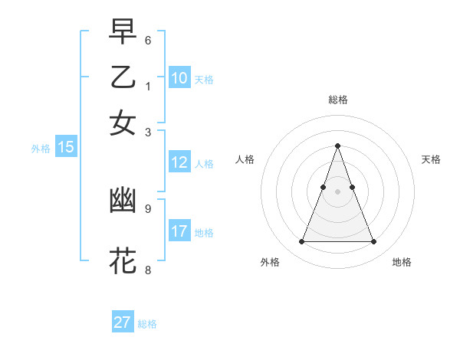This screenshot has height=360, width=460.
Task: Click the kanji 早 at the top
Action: pyautogui.click(x=123, y=33)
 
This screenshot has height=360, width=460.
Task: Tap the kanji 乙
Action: pyautogui.click(x=123, y=79)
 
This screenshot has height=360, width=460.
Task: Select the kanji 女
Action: pyautogui.click(x=123, y=123)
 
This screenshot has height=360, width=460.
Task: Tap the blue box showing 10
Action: pyautogui.click(x=179, y=78)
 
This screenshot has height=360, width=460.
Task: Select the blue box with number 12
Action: pyautogui.click(x=179, y=162)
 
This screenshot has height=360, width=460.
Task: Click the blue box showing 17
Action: pyautogui.click(x=179, y=231)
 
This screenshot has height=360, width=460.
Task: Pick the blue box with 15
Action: pyautogui.click(x=66, y=148)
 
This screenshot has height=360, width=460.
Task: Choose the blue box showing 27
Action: pyautogui.click(x=123, y=322)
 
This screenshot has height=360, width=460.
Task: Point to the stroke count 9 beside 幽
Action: pyautogui.click(x=148, y=208)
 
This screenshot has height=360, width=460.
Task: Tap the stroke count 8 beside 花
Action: pyautogui.click(x=148, y=269)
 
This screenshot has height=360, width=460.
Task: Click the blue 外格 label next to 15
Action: pyautogui.click(x=41, y=149)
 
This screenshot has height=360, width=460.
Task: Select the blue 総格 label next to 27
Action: pyautogui.click(x=147, y=324)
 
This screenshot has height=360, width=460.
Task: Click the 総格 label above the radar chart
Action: pyautogui.click(x=337, y=100)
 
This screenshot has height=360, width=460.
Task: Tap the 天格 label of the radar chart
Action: pyautogui.click(x=431, y=159)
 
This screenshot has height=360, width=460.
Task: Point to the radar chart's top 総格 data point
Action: pyautogui.click(x=337, y=146)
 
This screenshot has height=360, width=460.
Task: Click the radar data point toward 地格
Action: pyautogui.click(x=374, y=242)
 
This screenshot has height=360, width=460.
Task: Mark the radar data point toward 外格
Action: pyautogui.click(x=301, y=242)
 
